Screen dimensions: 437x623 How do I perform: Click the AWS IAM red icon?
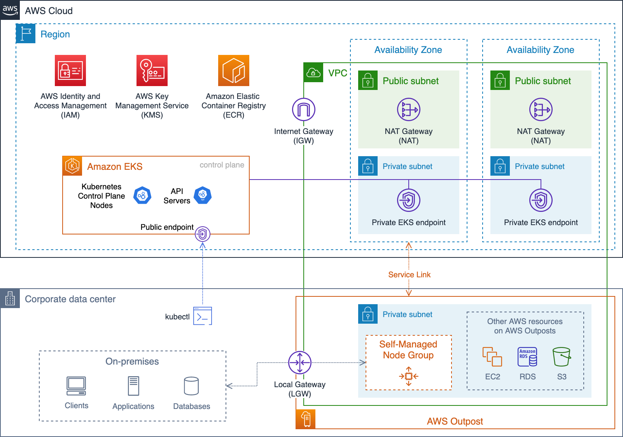pos(70,70)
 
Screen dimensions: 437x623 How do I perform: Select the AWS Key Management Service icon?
pos(152,70)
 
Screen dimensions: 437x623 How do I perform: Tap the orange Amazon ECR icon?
pos(234,70)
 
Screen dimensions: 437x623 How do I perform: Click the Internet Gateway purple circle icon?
pos(304,109)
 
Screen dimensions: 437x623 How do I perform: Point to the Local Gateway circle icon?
pos(300,363)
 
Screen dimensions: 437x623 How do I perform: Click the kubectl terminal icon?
pos(203,316)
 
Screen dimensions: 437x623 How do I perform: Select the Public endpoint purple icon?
pos(203,234)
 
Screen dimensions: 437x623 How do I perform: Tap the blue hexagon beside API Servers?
pos(203,195)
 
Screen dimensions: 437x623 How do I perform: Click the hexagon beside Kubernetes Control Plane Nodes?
pos(142,195)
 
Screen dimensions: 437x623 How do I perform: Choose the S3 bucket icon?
pos(562,357)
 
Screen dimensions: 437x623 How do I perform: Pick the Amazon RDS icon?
pos(527,357)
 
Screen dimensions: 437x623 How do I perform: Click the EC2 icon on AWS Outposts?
pos(492,357)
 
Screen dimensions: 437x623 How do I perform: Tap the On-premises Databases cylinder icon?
pos(191,386)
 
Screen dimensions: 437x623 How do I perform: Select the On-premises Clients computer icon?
pos(76,386)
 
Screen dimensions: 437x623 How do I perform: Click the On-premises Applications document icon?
pos(133,386)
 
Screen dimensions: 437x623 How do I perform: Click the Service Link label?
pos(409,275)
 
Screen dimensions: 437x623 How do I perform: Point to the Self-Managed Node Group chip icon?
pos(409,376)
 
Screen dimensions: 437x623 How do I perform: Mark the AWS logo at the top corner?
pos(10,10)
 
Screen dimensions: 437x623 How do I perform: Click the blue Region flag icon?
pos(26,33)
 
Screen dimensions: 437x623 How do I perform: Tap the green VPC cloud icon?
pos(313,72)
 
